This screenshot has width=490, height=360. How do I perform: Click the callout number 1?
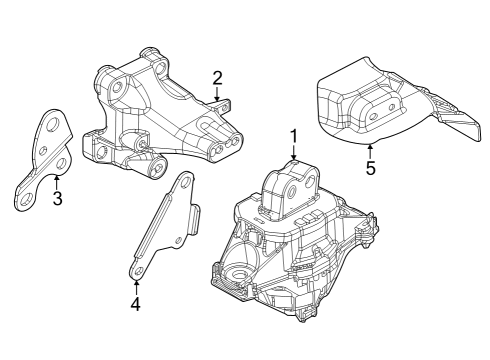[294, 134]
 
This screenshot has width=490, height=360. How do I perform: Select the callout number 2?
[216, 76]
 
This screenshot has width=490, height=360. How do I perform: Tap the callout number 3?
[57, 198]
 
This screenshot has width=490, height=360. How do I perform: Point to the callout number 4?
[136, 301]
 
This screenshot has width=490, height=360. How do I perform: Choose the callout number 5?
[370, 168]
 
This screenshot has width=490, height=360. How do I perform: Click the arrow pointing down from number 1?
[294, 153]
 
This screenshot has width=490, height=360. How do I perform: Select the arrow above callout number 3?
[57, 180]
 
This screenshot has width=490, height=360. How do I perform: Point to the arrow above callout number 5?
[370, 149]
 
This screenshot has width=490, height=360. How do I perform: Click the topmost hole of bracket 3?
[51, 124]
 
